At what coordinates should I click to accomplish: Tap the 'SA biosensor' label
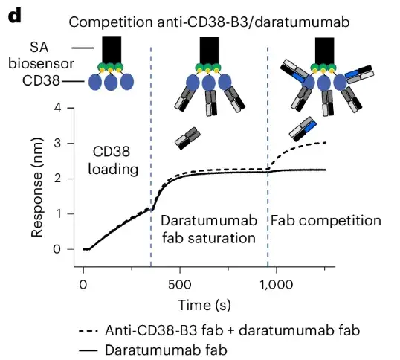34,56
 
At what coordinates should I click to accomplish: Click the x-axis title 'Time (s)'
202,306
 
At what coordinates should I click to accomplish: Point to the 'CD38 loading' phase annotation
114,158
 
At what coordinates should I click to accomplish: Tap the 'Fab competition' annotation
326,221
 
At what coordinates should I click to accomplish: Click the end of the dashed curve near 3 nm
326,142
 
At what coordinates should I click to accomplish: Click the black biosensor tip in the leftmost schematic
111,51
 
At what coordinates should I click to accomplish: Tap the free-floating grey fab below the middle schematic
188,136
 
